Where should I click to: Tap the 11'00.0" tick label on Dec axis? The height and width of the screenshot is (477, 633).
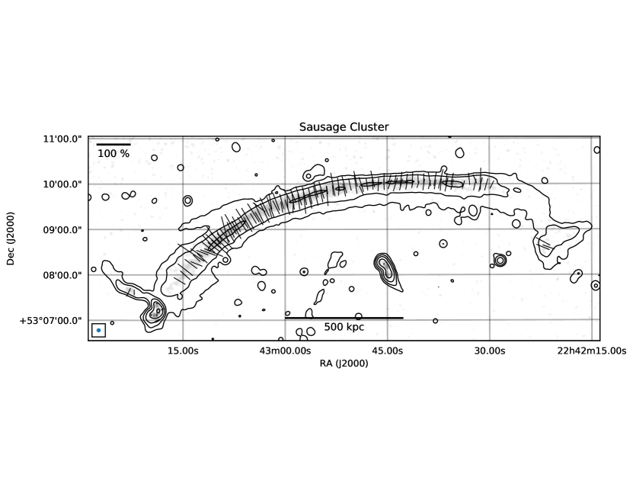click(62, 139)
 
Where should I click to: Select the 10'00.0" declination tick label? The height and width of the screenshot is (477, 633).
click(62, 184)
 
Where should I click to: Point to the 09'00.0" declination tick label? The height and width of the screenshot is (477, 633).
click(62, 229)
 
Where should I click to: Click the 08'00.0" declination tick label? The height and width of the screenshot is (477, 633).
click(62, 274)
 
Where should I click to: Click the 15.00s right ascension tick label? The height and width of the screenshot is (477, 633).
click(183, 351)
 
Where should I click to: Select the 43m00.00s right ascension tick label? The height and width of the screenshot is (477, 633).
click(285, 351)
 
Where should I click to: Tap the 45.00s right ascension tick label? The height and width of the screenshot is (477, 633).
click(387, 351)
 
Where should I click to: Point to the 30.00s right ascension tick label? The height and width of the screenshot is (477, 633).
click(489, 351)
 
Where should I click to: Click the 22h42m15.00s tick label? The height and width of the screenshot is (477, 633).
click(583, 351)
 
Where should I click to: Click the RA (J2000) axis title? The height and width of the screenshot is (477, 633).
click(344, 364)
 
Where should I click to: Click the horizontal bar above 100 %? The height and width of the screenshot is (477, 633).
click(113, 144)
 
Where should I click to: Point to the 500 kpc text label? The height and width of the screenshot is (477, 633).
click(344, 327)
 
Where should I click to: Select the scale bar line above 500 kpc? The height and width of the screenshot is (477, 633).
click(344, 318)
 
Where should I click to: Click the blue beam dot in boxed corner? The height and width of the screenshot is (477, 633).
click(98, 330)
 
